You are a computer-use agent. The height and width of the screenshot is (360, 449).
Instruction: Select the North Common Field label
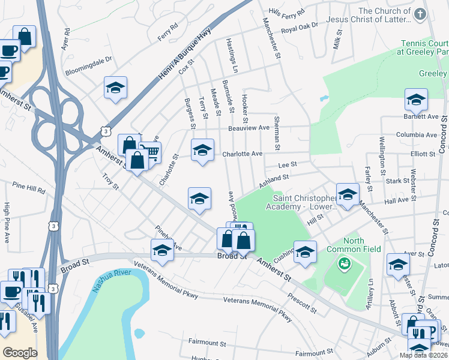pyautogui.click(x=345, y=245)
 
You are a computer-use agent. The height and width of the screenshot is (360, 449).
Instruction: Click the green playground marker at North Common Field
pyautogui.click(x=343, y=262)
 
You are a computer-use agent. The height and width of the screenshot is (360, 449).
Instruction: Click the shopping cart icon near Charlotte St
pyautogui.click(x=150, y=152)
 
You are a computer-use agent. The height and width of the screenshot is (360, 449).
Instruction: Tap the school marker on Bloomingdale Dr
pyautogui.click(x=115, y=88)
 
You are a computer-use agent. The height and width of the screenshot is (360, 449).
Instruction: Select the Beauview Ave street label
pyautogui.click(x=249, y=128)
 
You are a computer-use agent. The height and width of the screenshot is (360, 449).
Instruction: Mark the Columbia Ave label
pyautogui.click(x=417, y=135)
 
